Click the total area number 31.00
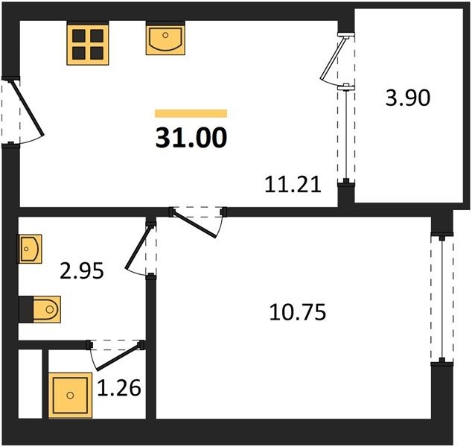pos(191,137)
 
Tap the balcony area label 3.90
pos(408,98)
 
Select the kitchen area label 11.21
pos(293,184)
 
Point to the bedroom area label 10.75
pos(297,312)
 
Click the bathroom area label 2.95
pos(82,270)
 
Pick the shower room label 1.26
pos(119,387)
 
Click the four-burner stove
pos(88,45)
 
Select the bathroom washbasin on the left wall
pos(31,249)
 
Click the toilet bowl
pos(47,309)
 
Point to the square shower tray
pos(70,395)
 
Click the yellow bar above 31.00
pos(191,113)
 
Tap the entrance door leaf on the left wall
pos(27,108)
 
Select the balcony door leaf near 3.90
pos(334,58)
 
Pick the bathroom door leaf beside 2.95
pos(138,247)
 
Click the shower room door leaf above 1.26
pos(118,358)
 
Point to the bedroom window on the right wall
pos(442,299)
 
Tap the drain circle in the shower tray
pos(70,395)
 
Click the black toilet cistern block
pos(26,309)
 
